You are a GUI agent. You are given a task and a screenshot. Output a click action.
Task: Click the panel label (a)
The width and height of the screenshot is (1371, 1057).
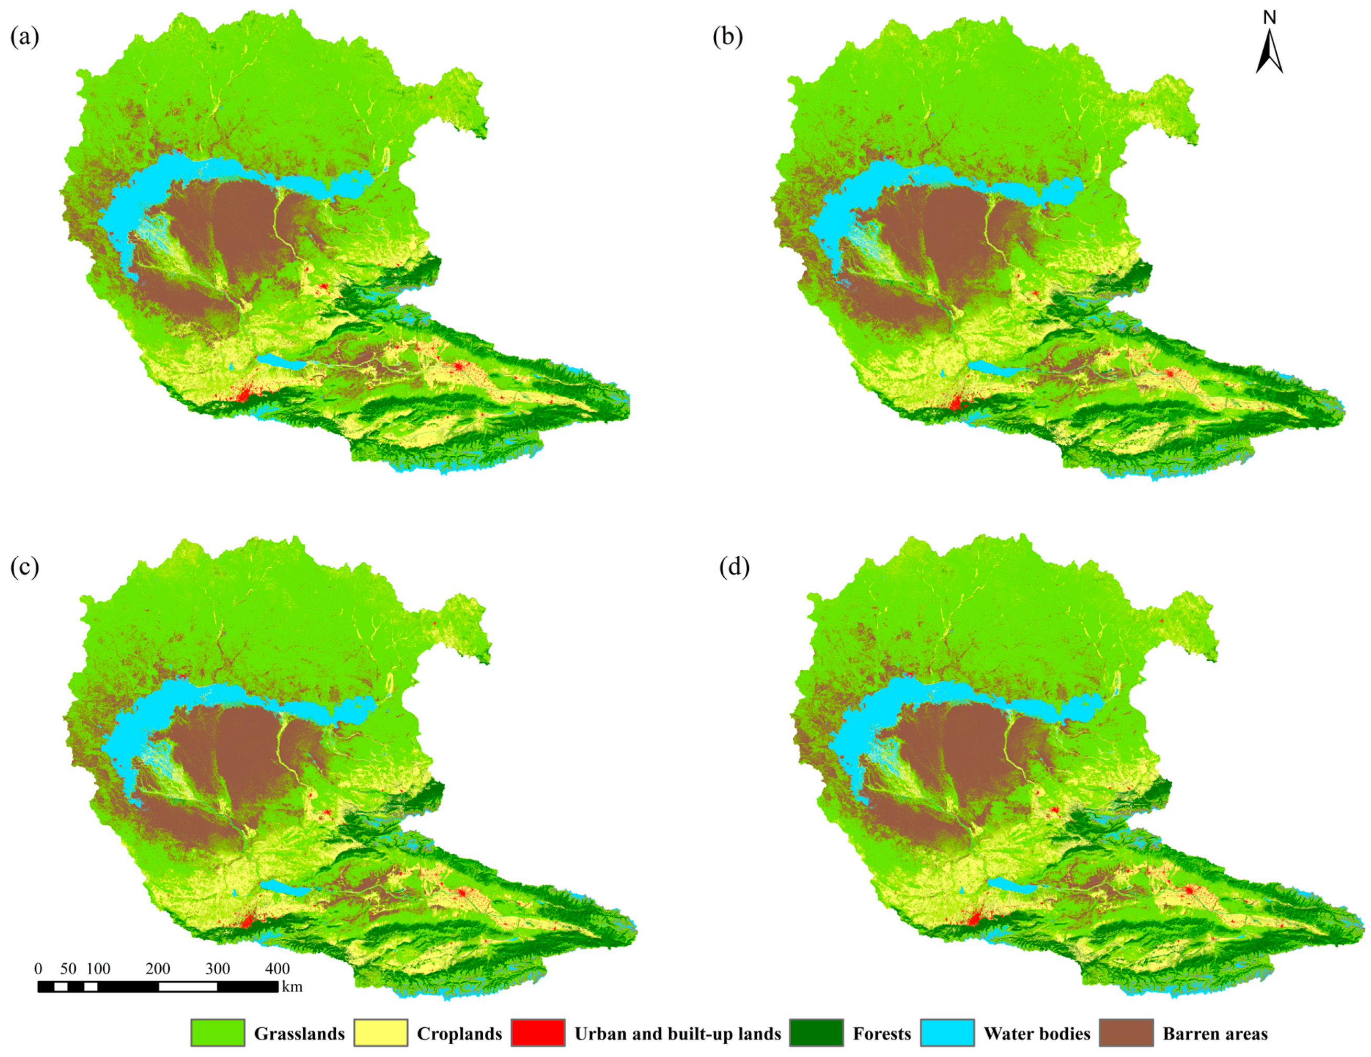pyautogui.click(x=25, y=38)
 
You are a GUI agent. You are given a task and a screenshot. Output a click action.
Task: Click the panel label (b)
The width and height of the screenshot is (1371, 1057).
pyautogui.click(x=727, y=38)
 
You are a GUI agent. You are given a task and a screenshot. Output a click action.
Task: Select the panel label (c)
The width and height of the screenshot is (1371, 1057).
pyautogui.click(x=25, y=567)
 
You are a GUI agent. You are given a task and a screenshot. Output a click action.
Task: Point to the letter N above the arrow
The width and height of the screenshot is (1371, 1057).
pyautogui.click(x=1269, y=18)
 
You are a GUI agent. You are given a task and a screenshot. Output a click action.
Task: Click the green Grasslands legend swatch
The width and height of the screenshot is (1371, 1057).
pyautogui.click(x=218, y=1032)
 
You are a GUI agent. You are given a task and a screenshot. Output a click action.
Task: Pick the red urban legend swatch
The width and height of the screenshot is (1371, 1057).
pyautogui.click(x=538, y=1032)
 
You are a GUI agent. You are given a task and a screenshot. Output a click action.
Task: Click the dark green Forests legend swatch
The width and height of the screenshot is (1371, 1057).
pyautogui.click(x=816, y=1032)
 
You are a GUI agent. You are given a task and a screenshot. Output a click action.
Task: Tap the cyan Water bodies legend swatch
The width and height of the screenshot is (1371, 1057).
pyautogui.click(x=947, y=1032)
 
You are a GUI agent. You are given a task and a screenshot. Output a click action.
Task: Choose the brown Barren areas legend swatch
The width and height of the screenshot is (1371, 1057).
pyautogui.click(x=1126, y=1032)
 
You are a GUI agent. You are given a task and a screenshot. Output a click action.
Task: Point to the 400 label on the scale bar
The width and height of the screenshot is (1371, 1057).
pyautogui.click(x=277, y=969)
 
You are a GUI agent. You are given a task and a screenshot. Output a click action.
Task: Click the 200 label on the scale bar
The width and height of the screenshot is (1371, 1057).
pyautogui.click(x=158, y=969)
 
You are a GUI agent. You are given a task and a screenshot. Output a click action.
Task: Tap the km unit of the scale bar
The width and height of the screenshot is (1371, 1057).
pyautogui.click(x=292, y=987)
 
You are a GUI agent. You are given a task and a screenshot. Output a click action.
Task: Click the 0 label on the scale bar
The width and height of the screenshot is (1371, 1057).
pyautogui.click(x=38, y=969)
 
